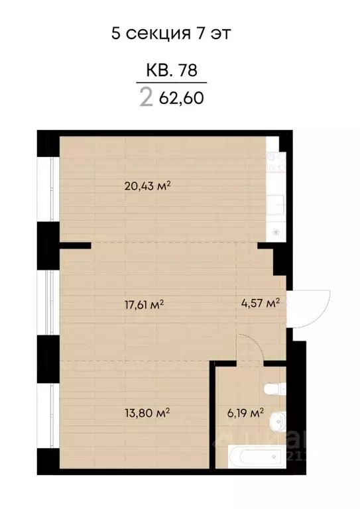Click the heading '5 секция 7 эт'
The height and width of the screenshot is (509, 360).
(x=171, y=32)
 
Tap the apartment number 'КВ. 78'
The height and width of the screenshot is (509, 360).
(x=171, y=68)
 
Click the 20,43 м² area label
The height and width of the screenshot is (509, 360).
(x=147, y=186)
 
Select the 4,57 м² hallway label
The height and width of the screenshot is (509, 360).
(x=259, y=303)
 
